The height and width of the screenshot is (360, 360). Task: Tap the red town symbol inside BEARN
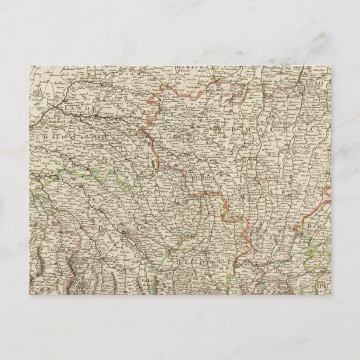point(126,236)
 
